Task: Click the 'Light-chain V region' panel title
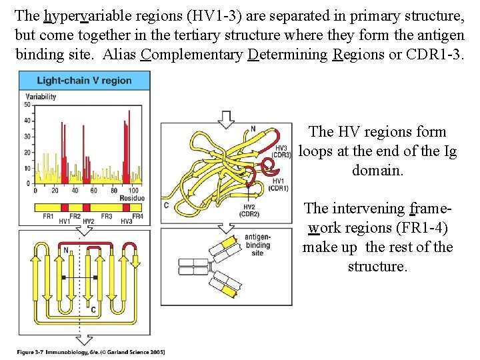click(x=84, y=81)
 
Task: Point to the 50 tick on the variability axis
click(x=28, y=105)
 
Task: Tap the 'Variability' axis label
click(x=41, y=97)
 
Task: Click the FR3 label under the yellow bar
click(x=106, y=217)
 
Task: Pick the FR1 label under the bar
click(x=48, y=217)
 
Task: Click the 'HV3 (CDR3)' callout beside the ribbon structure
click(x=281, y=151)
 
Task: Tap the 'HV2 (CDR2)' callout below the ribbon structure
click(x=249, y=211)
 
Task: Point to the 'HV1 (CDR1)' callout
click(x=279, y=185)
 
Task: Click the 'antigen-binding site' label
click(x=257, y=245)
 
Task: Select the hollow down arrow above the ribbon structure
click(x=227, y=119)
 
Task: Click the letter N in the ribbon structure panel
click(x=253, y=129)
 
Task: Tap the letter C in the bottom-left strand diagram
click(x=93, y=309)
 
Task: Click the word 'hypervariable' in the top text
click(x=79, y=15)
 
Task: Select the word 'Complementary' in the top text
click(x=193, y=54)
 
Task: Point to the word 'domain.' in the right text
click(x=377, y=170)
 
